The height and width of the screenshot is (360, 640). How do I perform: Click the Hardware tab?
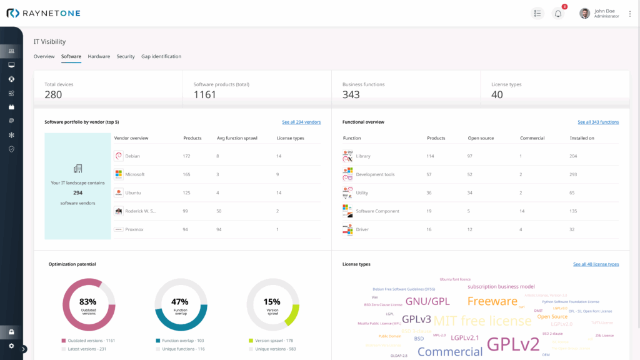click(x=99, y=56)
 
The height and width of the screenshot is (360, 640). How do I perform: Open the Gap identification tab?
click(x=161, y=56)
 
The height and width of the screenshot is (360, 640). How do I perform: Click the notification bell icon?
click(x=558, y=13)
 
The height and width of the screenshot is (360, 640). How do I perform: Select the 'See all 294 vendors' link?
click(x=301, y=122)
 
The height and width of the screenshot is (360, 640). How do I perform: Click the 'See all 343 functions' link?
click(x=598, y=122)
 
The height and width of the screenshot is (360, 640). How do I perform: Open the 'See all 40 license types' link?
click(x=596, y=264)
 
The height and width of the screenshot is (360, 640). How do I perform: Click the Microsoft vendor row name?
click(x=134, y=174)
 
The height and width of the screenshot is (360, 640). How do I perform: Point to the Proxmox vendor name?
click(x=134, y=229)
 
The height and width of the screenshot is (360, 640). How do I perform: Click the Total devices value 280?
click(x=53, y=94)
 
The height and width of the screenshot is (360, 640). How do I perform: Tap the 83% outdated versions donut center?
click(x=88, y=304)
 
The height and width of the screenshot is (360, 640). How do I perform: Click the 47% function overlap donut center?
click(x=180, y=304)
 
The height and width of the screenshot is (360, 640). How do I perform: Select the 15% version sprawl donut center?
click(x=272, y=304)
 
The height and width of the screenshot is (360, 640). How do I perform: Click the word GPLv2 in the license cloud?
click(x=512, y=344)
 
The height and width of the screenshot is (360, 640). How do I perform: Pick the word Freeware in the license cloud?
click(x=492, y=301)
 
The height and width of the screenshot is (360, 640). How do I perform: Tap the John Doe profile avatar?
click(x=584, y=13)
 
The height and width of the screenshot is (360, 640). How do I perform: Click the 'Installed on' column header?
click(x=582, y=138)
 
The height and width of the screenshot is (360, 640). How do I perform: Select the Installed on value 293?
click(x=573, y=174)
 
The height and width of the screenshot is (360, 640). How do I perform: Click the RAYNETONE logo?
click(x=43, y=13)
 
